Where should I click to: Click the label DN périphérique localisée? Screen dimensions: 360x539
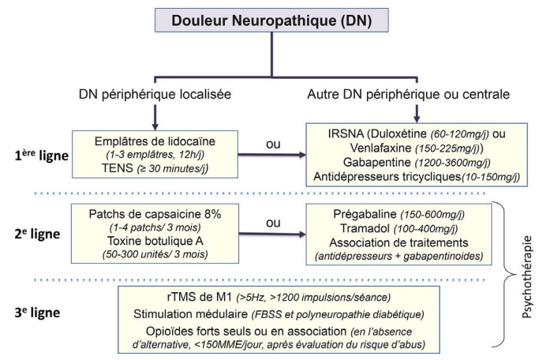[155, 95]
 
